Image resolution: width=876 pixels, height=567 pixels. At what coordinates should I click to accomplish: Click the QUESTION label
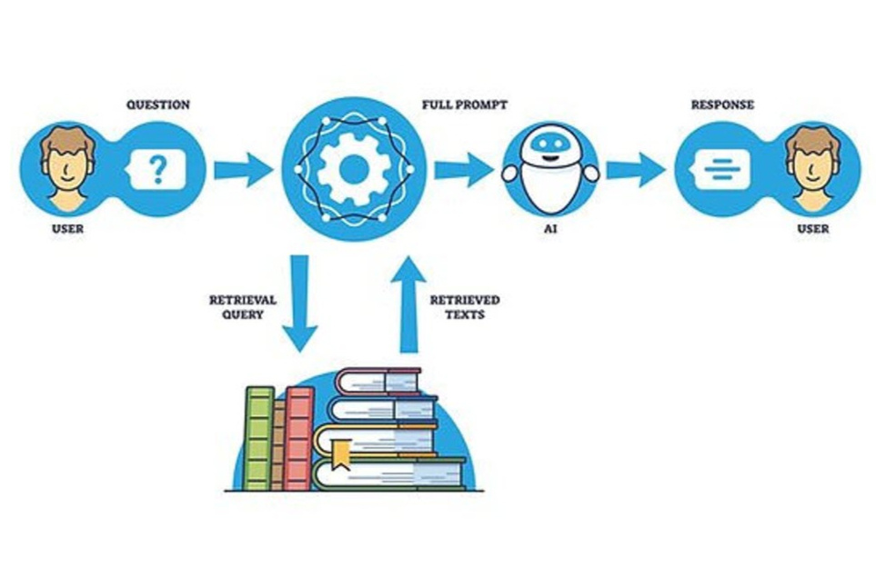click(x=158, y=104)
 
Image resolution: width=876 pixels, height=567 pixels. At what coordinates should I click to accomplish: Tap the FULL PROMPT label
click(x=464, y=104)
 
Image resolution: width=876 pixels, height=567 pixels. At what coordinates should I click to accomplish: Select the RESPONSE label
click(x=722, y=104)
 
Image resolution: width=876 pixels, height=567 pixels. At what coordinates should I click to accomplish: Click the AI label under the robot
click(x=550, y=229)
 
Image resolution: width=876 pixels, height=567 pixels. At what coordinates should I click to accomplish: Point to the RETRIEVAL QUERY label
click(x=243, y=307)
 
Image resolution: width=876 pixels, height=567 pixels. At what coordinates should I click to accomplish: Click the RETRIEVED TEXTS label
click(x=465, y=307)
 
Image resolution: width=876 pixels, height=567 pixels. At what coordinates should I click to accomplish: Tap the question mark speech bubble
click(x=156, y=169)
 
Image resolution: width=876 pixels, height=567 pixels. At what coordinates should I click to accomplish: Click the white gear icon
click(x=354, y=168)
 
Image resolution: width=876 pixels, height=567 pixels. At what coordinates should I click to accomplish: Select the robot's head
click(x=550, y=144)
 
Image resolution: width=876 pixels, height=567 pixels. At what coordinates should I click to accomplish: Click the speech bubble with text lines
click(x=719, y=169)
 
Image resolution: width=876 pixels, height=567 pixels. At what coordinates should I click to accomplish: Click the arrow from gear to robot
click(x=463, y=170)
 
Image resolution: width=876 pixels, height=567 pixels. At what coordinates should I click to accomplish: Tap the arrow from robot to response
click(x=636, y=170)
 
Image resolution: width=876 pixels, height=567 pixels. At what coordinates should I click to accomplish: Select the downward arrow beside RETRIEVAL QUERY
click(x=300, y=303)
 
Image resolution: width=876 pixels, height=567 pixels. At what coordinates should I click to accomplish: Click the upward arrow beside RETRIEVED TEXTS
click(x=408, y=304)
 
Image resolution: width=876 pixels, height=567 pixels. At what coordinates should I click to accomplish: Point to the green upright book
click(x=260, y=439)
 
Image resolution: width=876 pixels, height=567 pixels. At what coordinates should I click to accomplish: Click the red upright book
click(x=299, y=439)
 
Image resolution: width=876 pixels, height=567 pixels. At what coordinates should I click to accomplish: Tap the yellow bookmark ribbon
click(x=341, y=453)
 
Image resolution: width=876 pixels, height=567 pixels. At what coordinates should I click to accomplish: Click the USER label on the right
click(x=813, y=229)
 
